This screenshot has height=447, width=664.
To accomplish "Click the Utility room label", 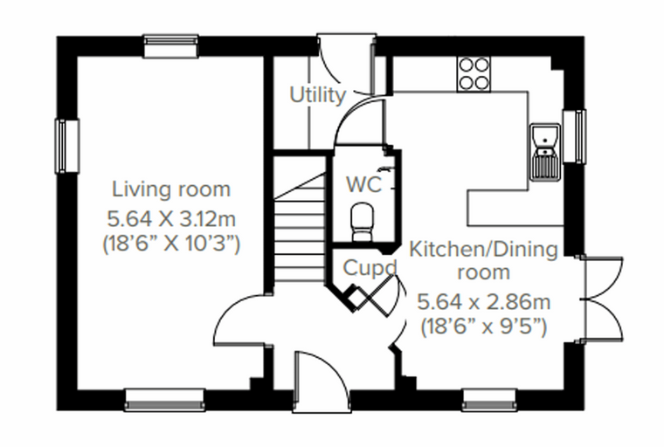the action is (x=318, y=95).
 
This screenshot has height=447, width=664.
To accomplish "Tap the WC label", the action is (x=363, y=184).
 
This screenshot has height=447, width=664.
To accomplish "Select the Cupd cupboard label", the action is (x=370, y=268).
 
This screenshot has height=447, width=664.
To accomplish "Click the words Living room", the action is (x=171, y=189).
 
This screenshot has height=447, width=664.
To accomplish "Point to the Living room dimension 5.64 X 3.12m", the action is (x=171, y=219).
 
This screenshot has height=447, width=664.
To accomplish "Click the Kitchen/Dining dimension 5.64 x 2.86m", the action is (x=484, y=302).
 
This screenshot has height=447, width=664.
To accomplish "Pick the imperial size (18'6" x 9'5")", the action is (x=484, y=327).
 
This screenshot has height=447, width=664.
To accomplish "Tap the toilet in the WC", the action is (x=363, y=222).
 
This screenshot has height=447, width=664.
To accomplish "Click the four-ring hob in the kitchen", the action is (x=474, y=73).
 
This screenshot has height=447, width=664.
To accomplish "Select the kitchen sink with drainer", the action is (x=546, y=153).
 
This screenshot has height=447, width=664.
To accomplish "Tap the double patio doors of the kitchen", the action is (x=601, y=299).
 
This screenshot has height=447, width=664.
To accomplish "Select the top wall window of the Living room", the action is (x=171, y=45).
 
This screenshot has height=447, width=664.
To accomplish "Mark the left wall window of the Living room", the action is (x=67, y=147).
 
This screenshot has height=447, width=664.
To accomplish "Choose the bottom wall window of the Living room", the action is (x=165, y=400).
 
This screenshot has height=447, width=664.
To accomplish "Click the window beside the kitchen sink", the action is (x=574, y=136).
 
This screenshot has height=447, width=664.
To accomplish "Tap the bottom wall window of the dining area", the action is (x=489, y=400).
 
